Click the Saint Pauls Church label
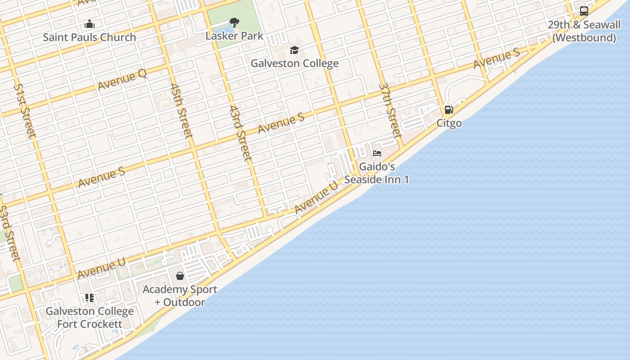coord(89,37)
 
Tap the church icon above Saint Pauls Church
coord(90,24)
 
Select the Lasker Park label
coord(234,36)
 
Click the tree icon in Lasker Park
coord(234,22)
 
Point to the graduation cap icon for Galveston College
coord(294,49)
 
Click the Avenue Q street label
coord(122,80)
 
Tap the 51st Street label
coord(24,110)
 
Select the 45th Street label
coord(181,110)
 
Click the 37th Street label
coord(390,110)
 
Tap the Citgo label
coord(449,123)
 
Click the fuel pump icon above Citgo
coord(449,109)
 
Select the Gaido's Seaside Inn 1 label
coord(377,173)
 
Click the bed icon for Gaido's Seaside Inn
coord(377,153)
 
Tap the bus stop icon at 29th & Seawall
coord(584,11)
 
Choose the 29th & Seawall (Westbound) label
coord(584,31)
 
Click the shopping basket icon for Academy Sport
coord(180,275)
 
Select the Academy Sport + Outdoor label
coord(180,296)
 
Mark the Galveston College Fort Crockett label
coord(90,317)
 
